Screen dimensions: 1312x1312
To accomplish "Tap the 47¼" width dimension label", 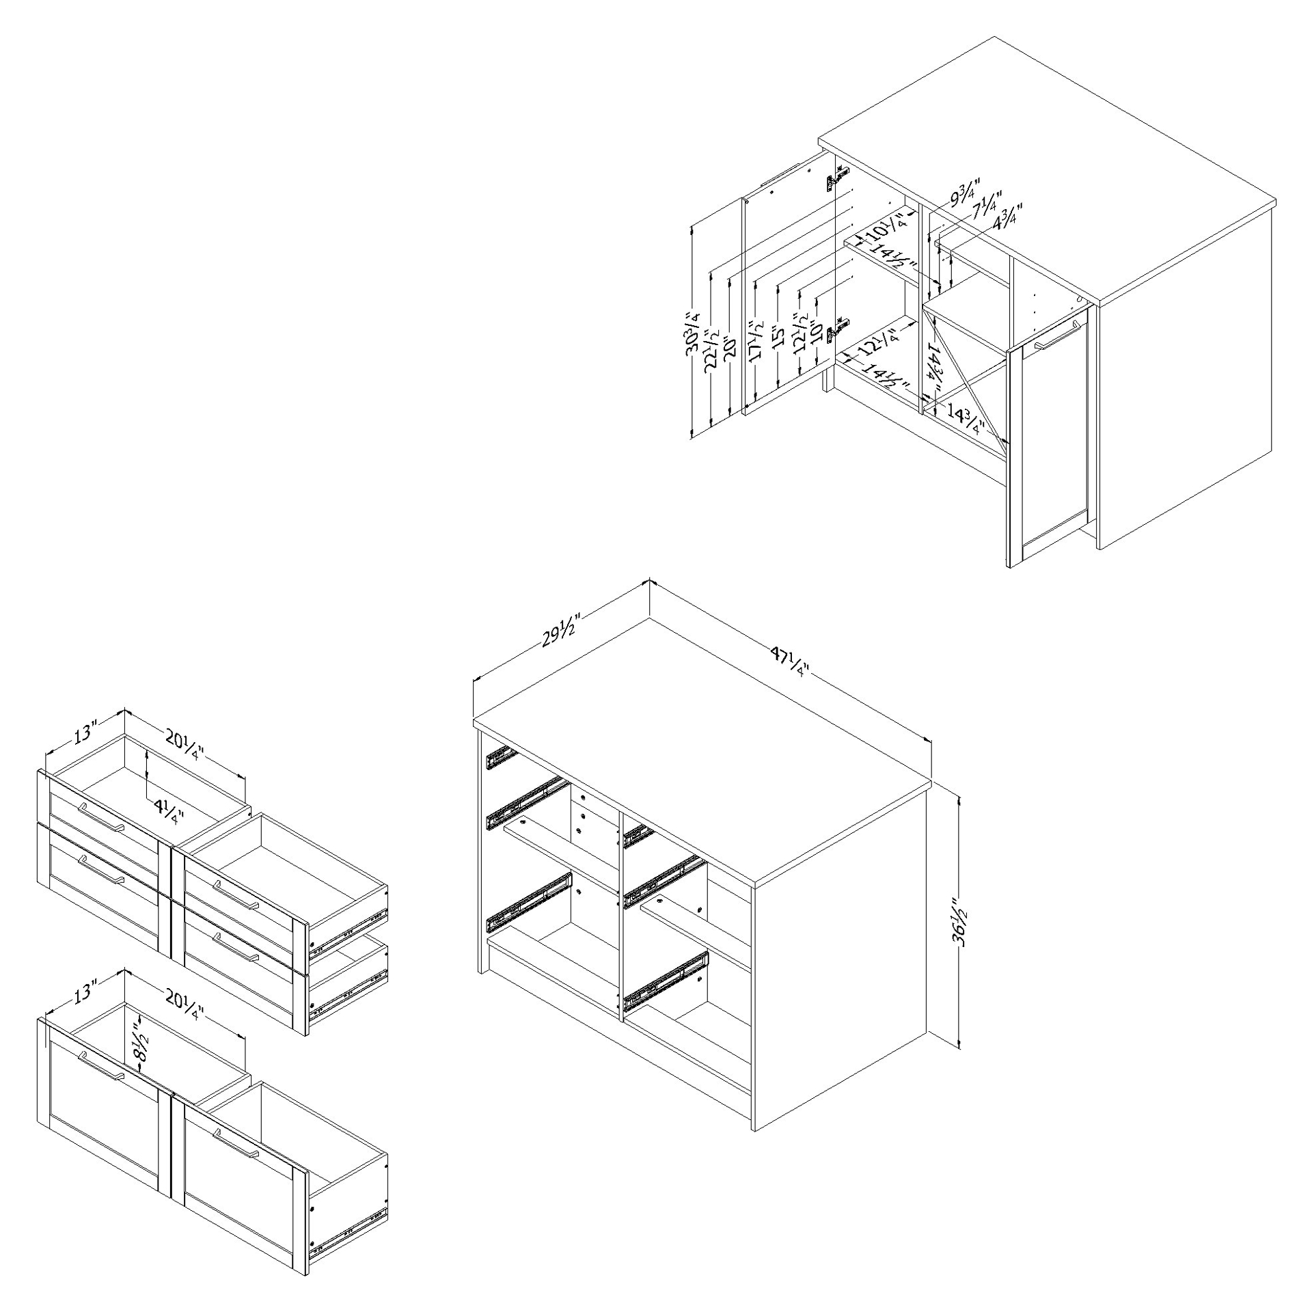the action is coord(790,661).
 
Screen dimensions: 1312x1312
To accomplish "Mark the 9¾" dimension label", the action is coord(964,192).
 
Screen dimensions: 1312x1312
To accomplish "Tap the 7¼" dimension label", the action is coord(985,203).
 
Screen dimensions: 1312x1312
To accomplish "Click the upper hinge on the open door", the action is coord(836,182).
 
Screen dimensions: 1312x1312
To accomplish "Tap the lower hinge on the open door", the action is coord(837,331).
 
